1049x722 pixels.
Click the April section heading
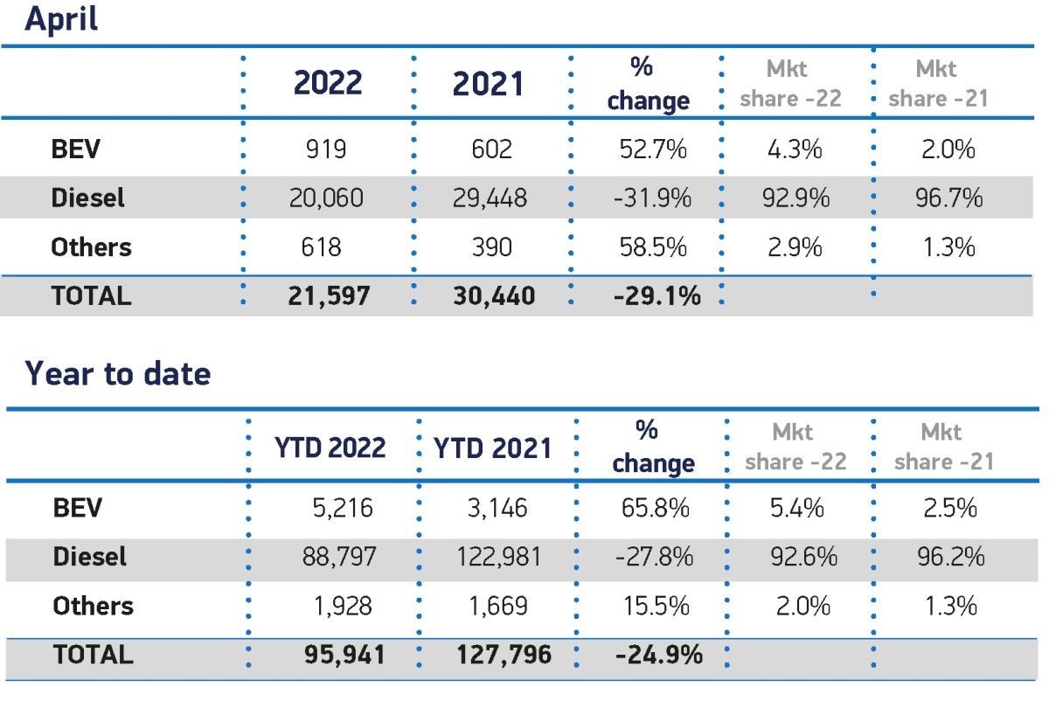pos(61,19)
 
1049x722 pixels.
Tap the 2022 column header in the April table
pos(328,82)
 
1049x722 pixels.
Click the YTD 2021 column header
pos(492,448)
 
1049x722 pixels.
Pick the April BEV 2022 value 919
pos(326,149)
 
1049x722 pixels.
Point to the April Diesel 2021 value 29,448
pos(490,198)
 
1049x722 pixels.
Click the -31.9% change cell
pos(652,198)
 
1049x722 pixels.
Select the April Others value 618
pos(322,246)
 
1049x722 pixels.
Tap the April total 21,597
pos(329,296)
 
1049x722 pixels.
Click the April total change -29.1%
pos(657,296)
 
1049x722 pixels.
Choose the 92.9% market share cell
pos(795,198)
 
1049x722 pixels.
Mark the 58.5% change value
pos(653,246)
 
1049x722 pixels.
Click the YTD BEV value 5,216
pos(343,508)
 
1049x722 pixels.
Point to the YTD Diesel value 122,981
pos(499,557)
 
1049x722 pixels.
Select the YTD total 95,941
pos(344,654)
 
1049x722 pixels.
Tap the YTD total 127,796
pos(504,654)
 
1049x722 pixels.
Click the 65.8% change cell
pos(655,508)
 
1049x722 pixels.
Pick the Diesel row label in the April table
pos(87,198)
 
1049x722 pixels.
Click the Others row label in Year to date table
pos(94,606)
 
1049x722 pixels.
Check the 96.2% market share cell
pos(951,557)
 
